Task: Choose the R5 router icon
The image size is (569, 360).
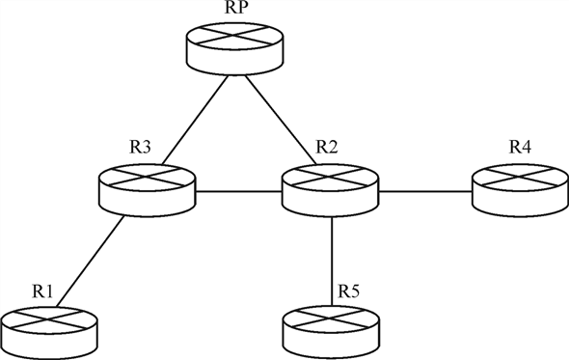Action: [x=333, y=328]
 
